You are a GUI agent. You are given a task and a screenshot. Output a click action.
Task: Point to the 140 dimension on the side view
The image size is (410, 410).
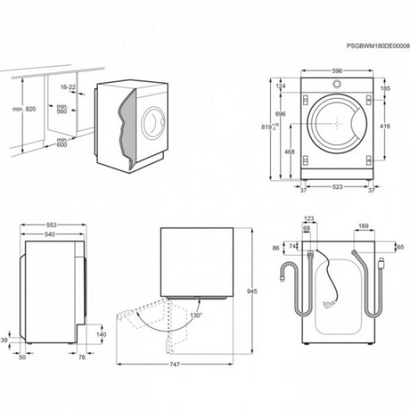pos(102,334)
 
